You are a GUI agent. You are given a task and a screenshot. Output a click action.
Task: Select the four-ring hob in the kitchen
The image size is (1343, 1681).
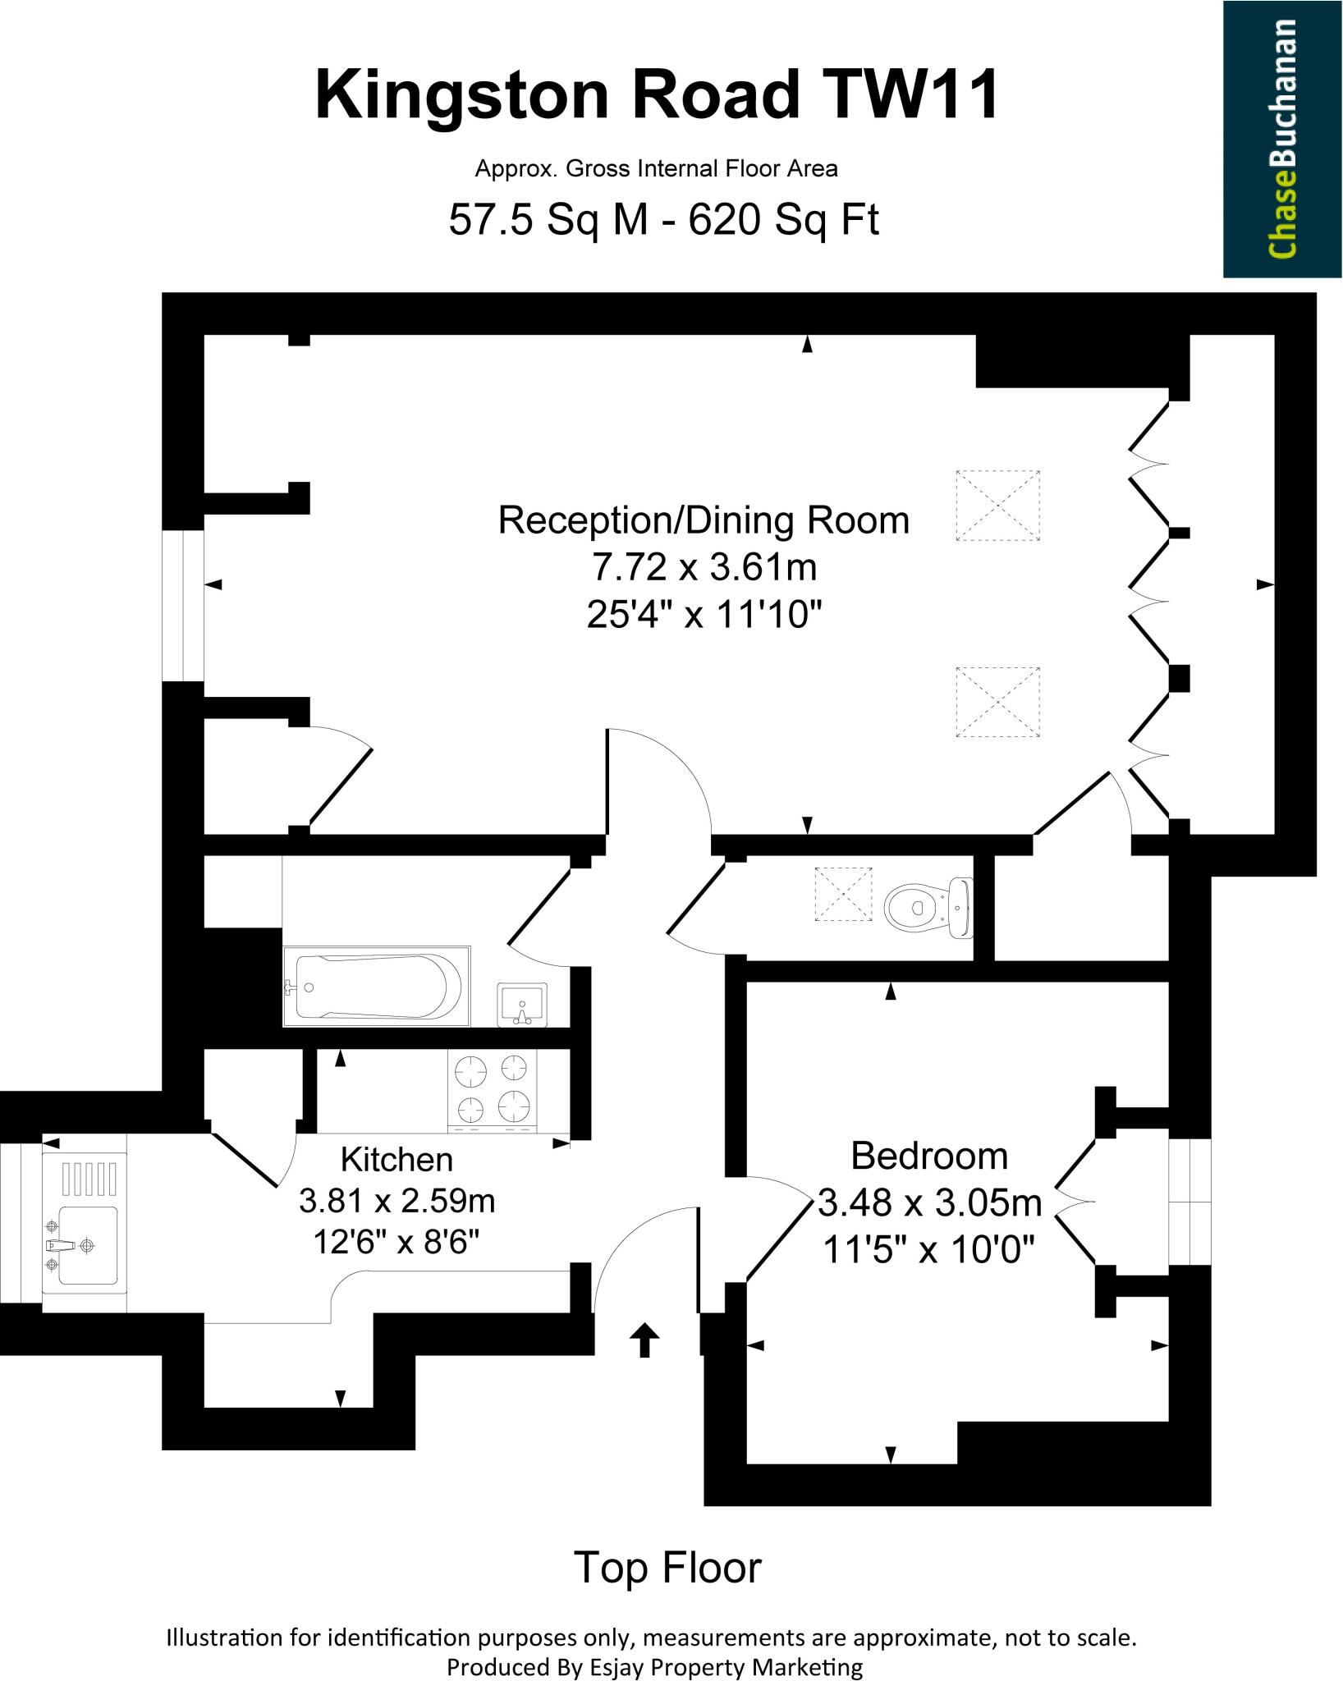[492, 1088]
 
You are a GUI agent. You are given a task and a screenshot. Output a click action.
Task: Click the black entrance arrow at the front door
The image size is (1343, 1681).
[644, 1340]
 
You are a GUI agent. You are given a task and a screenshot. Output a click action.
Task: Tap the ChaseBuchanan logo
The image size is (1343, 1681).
[1282, 139]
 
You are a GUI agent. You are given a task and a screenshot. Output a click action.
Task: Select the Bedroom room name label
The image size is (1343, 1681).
[928, 1156]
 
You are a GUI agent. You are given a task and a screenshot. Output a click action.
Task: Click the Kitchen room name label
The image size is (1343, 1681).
[396, 1159]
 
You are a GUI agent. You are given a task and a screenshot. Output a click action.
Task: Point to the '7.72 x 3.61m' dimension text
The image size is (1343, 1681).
[704, 566]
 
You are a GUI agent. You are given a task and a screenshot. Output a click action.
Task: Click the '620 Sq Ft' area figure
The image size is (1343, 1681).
[783, 220]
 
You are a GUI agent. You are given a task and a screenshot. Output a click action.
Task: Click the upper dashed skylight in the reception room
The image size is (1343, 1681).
[997, 505]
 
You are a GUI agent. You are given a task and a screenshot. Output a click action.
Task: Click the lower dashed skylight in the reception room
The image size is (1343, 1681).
[997, 703]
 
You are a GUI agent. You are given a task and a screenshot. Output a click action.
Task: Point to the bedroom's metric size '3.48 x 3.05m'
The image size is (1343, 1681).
[929, 1203]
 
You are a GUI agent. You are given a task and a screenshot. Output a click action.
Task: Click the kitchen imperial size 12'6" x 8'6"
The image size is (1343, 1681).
[396, 1243]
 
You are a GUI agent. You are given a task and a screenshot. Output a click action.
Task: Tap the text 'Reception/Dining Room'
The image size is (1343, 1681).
[704, 520]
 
